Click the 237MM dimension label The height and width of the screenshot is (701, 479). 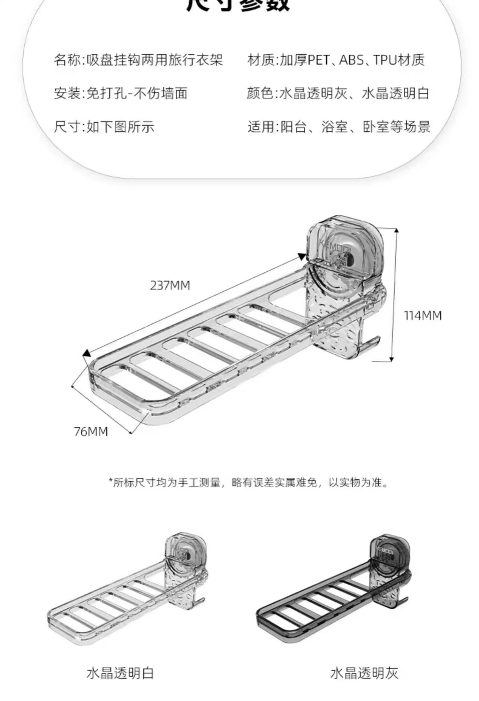170,285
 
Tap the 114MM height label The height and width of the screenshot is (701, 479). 423,316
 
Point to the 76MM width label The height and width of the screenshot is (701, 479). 91,432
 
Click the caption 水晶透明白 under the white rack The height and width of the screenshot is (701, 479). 120,673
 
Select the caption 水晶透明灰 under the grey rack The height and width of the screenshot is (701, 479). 364,673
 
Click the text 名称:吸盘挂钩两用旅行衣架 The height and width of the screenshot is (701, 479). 138,60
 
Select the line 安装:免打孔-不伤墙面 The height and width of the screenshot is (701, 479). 120,93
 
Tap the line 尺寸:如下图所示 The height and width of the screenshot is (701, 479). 104,127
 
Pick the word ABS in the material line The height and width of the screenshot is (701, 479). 351,60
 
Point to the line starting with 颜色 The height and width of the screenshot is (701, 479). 338,93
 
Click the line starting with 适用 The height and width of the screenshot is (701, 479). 339,127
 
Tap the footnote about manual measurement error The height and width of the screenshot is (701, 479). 249,482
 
